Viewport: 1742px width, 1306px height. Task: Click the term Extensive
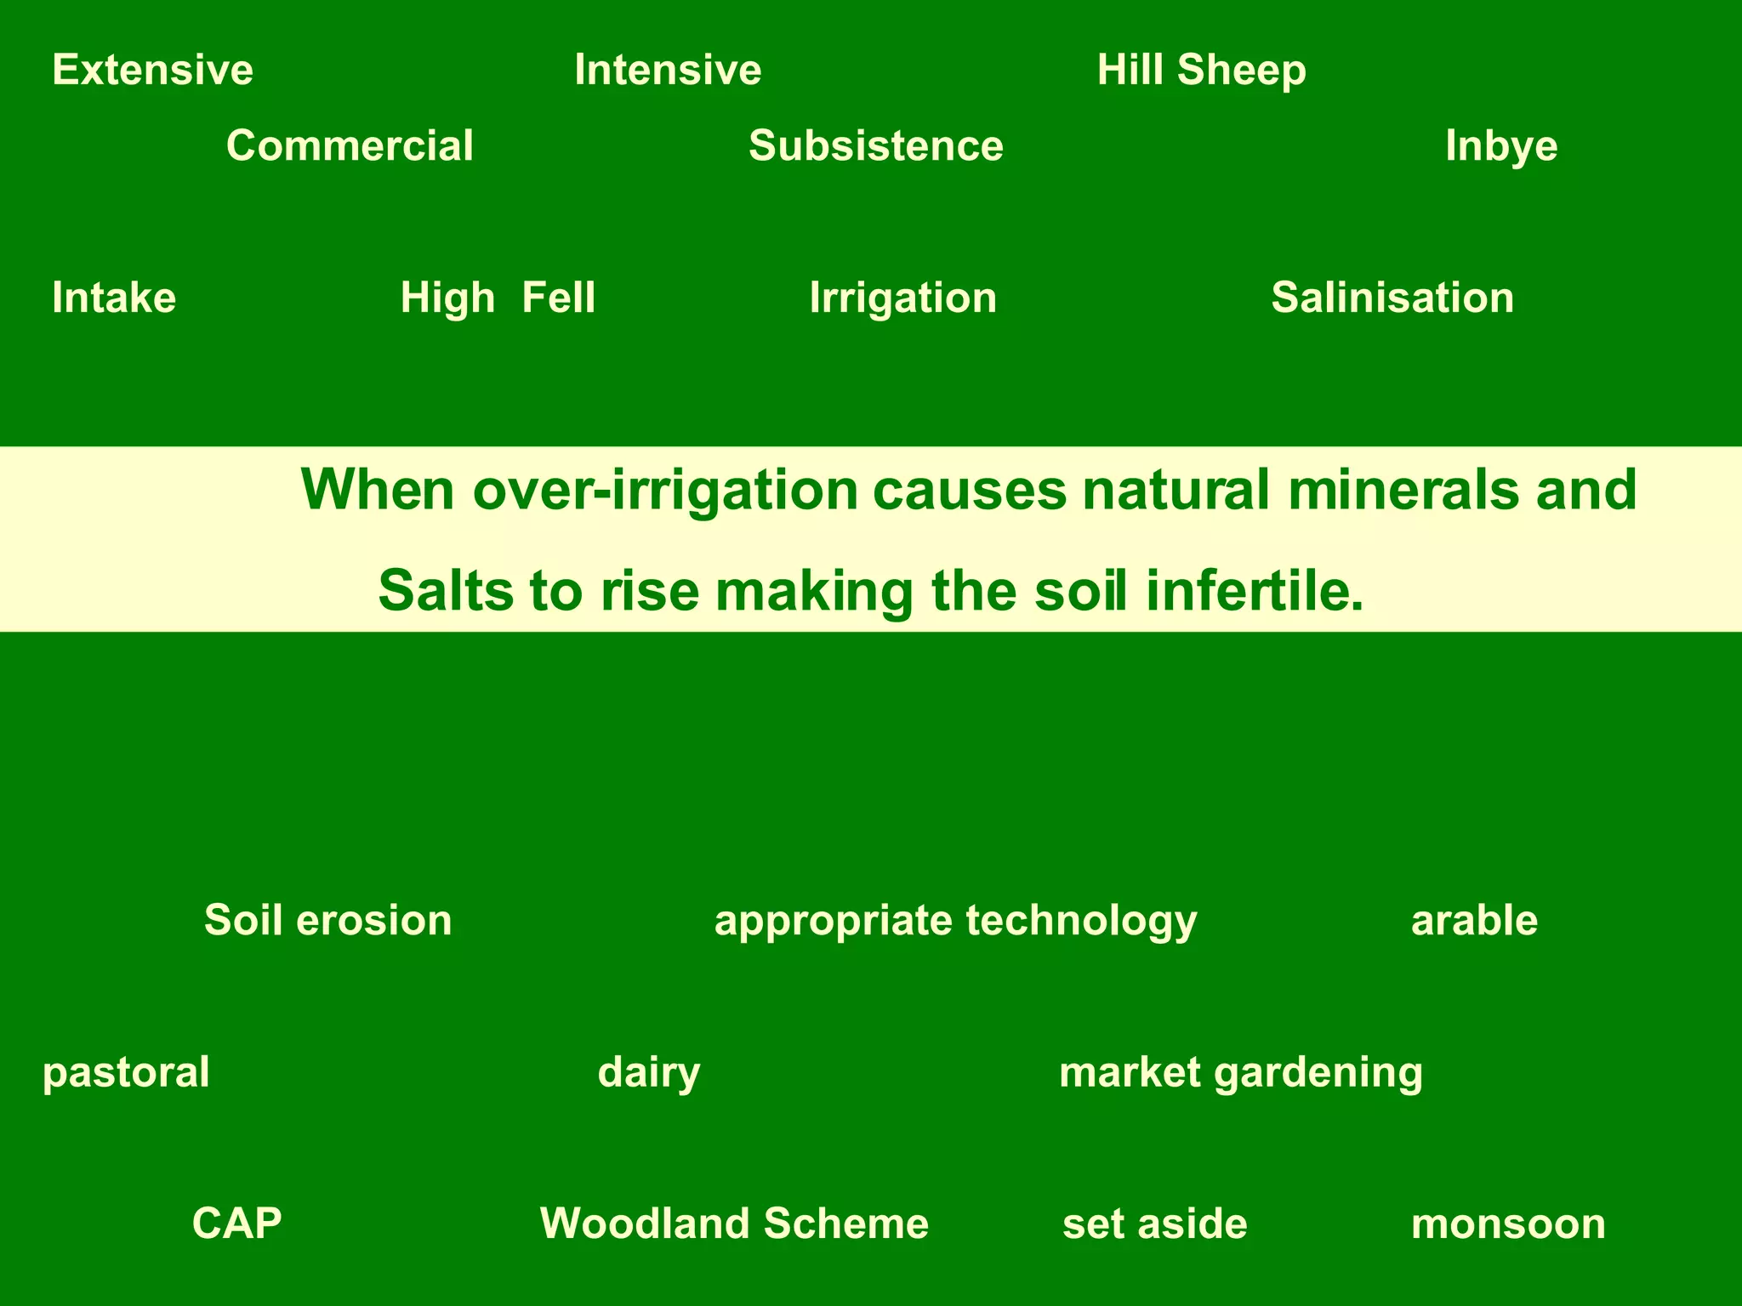[152, 70]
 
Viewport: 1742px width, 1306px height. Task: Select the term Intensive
[668, 70]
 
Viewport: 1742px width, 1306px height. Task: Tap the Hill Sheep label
[1201, 70]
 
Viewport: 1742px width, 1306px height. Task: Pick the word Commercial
[350, 145]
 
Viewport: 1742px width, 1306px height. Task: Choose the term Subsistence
[875, 145]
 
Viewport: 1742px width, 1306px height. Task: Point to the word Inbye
[1501, 146]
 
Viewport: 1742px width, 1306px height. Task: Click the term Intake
[114, 298]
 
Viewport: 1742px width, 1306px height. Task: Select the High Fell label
[498, 298]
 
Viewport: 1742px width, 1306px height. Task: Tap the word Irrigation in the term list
[902, 298]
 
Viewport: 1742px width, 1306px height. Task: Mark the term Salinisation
[1392, 298]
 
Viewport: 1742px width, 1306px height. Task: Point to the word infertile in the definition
[1255, 591]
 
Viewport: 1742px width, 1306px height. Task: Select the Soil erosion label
[327, 920]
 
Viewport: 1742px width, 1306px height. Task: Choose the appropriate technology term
[955, 921]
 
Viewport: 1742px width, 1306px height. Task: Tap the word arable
[1474, 921]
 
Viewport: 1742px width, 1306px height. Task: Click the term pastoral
[126, 1072]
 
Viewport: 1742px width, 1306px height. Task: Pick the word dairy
[649, 1072]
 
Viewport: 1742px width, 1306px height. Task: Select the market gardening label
[1240, 1072]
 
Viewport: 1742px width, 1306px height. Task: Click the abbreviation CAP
[236, 1224]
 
